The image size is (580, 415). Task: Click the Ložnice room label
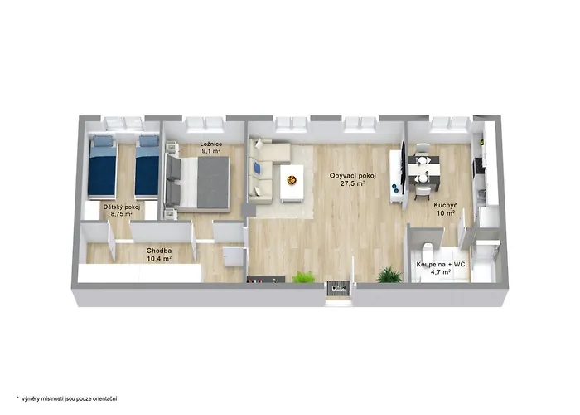(x=210, y=144)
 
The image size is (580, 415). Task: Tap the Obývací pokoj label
(x=352, y=176)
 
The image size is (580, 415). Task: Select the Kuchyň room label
(x=446, y=205)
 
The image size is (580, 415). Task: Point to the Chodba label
(x=159, y=251)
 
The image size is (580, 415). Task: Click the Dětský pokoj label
(x=121, y=207)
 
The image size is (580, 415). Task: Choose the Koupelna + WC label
(x=441, y=265)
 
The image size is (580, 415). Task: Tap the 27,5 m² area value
(x=353, y=183)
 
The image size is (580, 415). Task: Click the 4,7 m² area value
(x=441, y=272)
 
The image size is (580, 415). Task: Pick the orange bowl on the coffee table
(x=292, y=180)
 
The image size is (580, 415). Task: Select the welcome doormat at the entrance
(x=339, y=288)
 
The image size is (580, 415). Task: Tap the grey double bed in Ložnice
(x=197, y=183)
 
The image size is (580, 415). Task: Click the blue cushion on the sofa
(x=256, y=168)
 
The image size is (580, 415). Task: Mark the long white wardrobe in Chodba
(x=139, y=273)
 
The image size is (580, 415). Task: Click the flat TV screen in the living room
(x=404, y=166)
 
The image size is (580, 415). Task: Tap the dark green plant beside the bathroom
(x=389, y=275)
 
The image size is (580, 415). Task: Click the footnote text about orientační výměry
(x=69, y=398)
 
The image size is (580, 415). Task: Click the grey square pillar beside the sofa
(x=249, y=210)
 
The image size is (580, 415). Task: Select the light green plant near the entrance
(x=304, y=276)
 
